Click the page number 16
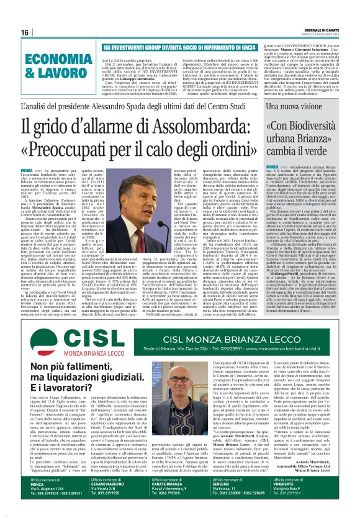[x=25, y=32]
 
